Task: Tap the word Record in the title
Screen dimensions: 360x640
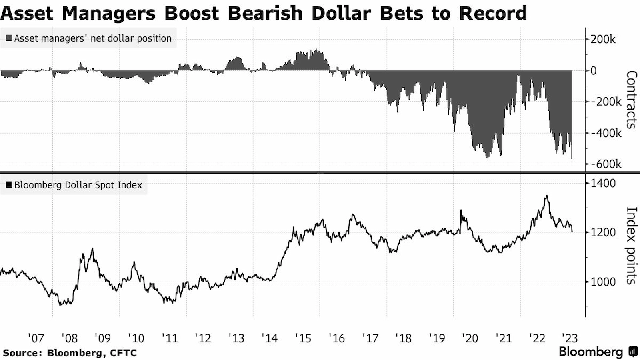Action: (493, 13)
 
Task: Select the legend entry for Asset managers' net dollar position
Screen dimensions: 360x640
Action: (88, 38)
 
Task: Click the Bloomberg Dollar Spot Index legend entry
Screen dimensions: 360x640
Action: (74, 185)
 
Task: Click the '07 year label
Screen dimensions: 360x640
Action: (36, 338)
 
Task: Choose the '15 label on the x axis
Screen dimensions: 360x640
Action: (303, 338)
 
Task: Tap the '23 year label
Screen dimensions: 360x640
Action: (570, 338)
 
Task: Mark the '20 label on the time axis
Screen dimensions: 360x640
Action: (470, 338)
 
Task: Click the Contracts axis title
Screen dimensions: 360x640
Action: (631, 100)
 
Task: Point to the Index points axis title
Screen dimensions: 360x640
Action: (631, 245)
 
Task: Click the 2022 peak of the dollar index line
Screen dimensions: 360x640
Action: (547, 196)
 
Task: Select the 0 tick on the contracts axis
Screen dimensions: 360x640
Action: (594, 71)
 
